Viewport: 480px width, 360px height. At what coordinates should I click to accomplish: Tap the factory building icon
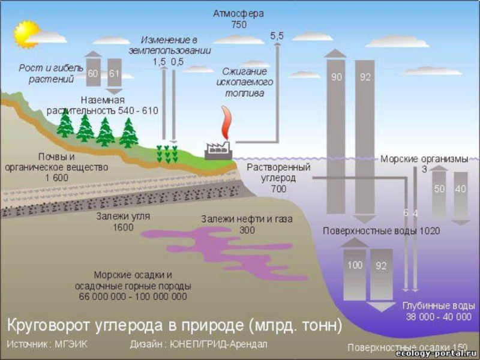tap(218, 151)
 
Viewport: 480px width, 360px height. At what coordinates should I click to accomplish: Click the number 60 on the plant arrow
tap(93, 74)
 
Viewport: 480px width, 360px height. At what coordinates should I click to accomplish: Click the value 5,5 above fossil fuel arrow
tap(277, 37)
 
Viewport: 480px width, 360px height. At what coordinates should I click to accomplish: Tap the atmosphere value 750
tap(238, 25)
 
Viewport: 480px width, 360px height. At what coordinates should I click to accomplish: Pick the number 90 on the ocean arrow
tap(337, 77)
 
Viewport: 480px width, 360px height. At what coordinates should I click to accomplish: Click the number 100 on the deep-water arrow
tap(355, 265)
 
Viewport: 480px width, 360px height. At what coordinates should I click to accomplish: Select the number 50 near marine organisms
tap(439, 189)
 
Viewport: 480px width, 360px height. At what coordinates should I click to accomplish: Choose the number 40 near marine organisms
tap(460, 189)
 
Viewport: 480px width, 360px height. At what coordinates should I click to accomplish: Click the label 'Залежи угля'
tap(123, 217)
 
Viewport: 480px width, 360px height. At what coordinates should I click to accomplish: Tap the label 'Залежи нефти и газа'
tap(247, 220)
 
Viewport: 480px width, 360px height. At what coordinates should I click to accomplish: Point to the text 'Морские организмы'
tap(424, 159)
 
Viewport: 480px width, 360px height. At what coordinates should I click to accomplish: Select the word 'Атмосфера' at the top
tap(238, 13)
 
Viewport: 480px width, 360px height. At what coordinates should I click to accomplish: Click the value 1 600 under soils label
tap(56, 178)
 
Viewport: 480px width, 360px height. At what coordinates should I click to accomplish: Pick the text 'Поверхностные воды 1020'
tap(381, 231)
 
